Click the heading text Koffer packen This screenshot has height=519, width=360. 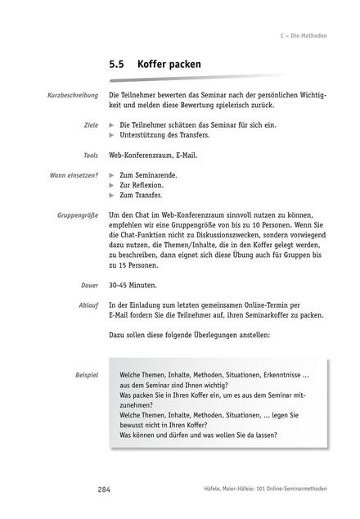point(169,63)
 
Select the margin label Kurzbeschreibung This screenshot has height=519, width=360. point(74,96)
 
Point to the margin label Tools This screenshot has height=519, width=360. point(90,155)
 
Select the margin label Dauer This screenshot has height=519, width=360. point(89,286)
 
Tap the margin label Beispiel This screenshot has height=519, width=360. point(86,374)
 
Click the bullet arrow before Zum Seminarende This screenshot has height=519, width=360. point(112,175)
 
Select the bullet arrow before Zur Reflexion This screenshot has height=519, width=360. point(112,185)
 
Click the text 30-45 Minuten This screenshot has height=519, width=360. point(134,286)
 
